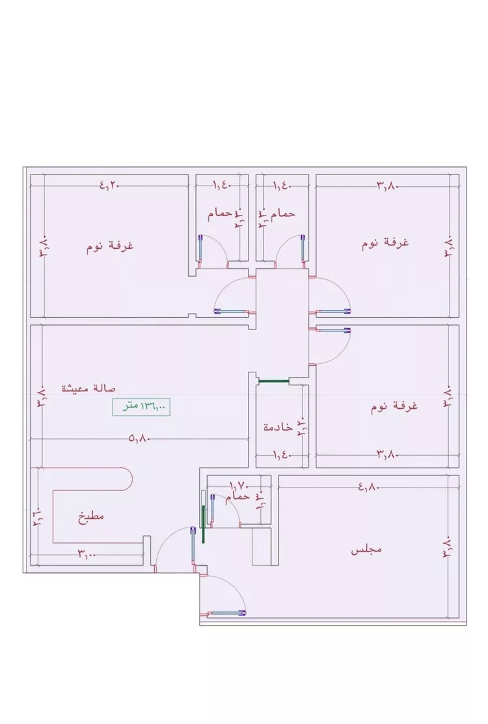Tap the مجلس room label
[x=366, y=550]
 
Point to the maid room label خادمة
[x=278, y=427]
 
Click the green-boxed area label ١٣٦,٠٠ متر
[x=141, y=407]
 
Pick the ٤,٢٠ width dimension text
[x=110, y=185]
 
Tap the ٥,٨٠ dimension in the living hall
[x=141, y=439]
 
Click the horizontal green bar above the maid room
[x=273, y=381]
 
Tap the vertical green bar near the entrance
[x=204, y=517]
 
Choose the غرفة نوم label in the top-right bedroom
[x=385, y=243]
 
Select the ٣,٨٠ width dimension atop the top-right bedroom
[x=386, y=186]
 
